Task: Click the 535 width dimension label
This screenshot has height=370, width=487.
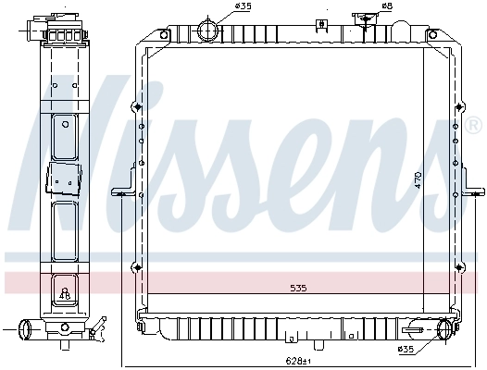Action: pos(297,289)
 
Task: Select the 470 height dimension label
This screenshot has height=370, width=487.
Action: pos(418,179)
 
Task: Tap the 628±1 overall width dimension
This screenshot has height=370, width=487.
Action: pos(294,360)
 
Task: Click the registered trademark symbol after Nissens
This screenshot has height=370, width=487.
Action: pos(473,124)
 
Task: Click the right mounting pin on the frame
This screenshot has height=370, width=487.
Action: pos(474,193)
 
